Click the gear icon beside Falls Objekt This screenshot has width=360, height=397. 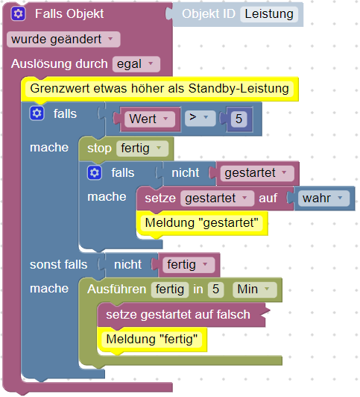(x=18, y=13)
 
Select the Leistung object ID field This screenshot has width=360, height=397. (x=269, y=14)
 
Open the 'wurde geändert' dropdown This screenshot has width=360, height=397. (x=63, y=40)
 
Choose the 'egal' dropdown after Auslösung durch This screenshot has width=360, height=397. (x=136, y=64)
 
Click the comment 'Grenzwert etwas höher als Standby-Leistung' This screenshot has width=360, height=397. (x=160, y=89)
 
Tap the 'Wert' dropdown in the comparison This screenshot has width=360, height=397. (x=150, y=119)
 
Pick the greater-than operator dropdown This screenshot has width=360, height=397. (x=200, y=117)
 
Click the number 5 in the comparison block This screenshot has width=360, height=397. (x=239, y=119)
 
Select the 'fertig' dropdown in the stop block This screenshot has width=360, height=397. (x=142, y=149)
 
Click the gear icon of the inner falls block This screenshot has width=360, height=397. (x=95, y=172)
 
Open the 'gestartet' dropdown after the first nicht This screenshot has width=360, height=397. (x=257, y=173)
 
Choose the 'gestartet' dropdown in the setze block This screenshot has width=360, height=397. (x=217, y=198)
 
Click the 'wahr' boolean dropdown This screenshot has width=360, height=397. (x=323, y=198)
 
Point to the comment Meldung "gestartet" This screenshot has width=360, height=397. (x=202, y=223)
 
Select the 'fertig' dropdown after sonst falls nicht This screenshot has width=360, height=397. (x=189, y=265)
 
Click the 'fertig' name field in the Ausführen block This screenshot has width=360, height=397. (x=170, y=290)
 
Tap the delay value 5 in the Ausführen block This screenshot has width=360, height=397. (x=215, y=290)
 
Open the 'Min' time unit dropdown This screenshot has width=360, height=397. (x=255, y=290)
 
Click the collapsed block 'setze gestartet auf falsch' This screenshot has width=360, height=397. (x=181, y=315)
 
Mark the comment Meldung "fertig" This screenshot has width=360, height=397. (x=152, y=340)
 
